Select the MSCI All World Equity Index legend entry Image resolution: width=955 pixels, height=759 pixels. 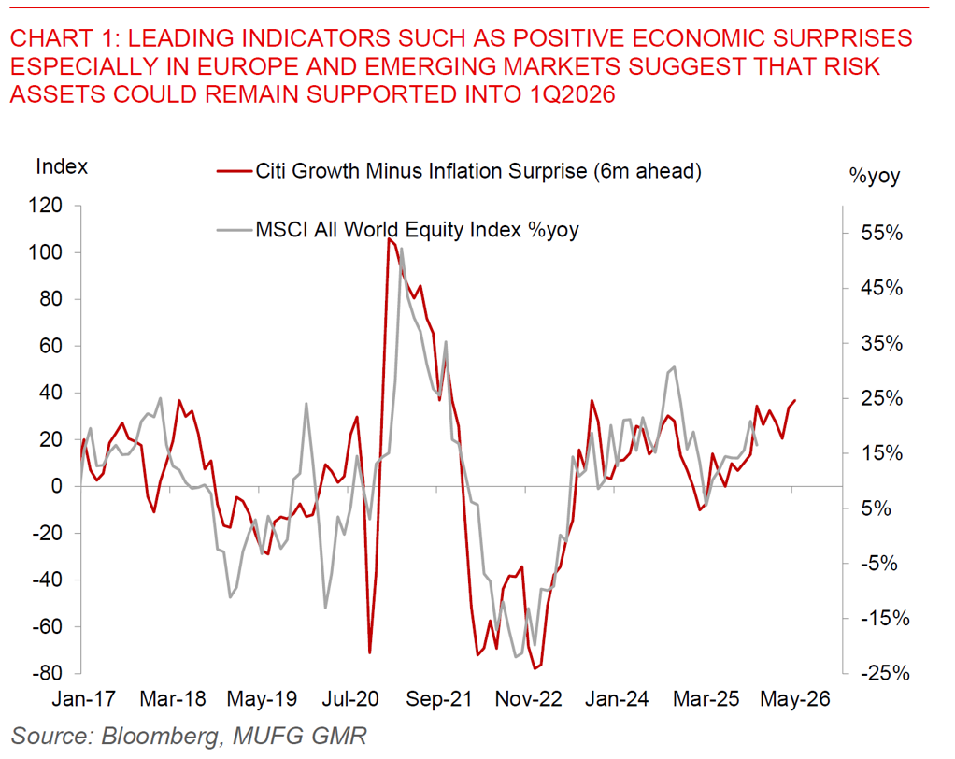click(x=417, y=230)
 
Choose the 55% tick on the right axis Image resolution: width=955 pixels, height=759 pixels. click(x=881, y=234)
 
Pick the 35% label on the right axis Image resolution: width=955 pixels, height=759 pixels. click(x=881, y=343)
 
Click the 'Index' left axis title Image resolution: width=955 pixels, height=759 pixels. click(x=62, y=167)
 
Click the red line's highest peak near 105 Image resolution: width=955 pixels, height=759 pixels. click(x=388, y=239)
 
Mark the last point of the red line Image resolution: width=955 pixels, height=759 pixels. click(x=794, y=401)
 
